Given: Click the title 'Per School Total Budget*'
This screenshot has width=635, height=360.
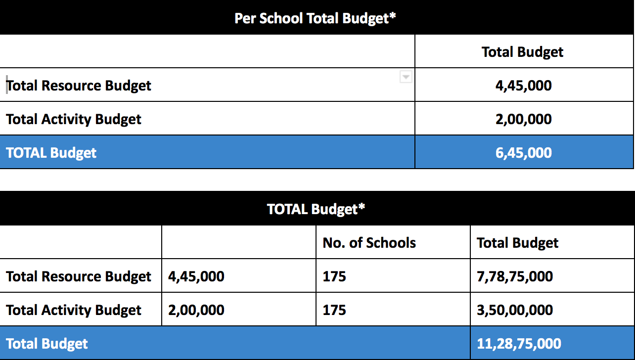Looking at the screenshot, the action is pyautogui.click(x=315, y=19).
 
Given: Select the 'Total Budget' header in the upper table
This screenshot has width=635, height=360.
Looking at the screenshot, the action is pyautogui.click(x=522, y=52).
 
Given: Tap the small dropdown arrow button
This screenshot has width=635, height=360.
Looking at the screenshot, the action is pyautogui.click(x=406, y=77).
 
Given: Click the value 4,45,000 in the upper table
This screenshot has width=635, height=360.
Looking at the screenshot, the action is pyautogui.click(x=524, y=86).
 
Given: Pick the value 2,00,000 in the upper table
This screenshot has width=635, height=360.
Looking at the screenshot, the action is pyautogui.click(x=524, y=119).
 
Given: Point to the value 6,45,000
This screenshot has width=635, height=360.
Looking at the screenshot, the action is pyautogui.click(x=524, y=153).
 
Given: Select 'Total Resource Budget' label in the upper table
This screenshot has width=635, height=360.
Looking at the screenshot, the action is pyautogui.click(x=79, y=86).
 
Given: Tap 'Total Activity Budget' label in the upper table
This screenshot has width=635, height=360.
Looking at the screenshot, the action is pyautogui.click(x=73, y=119).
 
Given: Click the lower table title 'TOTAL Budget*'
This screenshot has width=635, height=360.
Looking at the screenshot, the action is pyautogui.click(x=316, y=209).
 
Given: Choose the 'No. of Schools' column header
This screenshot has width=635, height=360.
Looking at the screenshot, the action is pyautogui.click(x=369, y=243).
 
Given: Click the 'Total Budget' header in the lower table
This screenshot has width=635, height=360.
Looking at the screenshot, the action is pyautogui.click(x=517, y=243).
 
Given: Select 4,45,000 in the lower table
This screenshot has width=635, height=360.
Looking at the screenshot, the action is pyautogui.click(x=196, y=276).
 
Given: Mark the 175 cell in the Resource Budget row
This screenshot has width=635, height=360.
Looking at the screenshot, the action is pyautogui.click(x=334, y=276).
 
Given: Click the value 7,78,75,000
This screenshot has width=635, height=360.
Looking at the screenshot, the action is pyautogui.click(x=515, y=276).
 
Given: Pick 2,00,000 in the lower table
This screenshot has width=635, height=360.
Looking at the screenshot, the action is pyautogui.click(x=196, y=310).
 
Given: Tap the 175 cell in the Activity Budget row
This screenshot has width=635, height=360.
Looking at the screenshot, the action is pyautogui.click(x=334, y=310).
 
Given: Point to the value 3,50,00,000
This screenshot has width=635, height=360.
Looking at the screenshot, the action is pyautogui.click(x=515, y=310).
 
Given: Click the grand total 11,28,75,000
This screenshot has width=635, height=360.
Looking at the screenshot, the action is pyautogui.click(x=519, y=344).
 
